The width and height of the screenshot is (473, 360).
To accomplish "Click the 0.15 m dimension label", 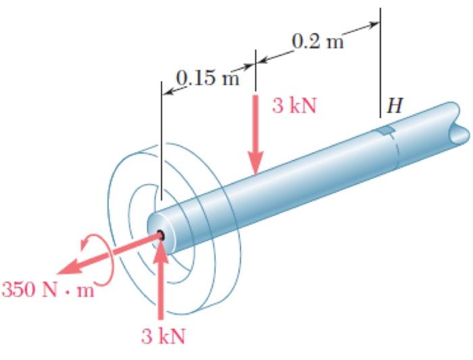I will pos(207,78).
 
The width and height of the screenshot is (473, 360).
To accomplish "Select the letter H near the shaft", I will pos(391,106).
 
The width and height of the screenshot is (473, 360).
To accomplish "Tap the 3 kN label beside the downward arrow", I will pos(295,107).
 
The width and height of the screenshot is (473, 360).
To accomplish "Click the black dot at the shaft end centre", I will pos(162,235).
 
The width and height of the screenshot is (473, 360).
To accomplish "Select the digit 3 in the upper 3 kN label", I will pos(277,107).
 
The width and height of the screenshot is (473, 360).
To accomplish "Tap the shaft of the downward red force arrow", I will pos(255,128).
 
